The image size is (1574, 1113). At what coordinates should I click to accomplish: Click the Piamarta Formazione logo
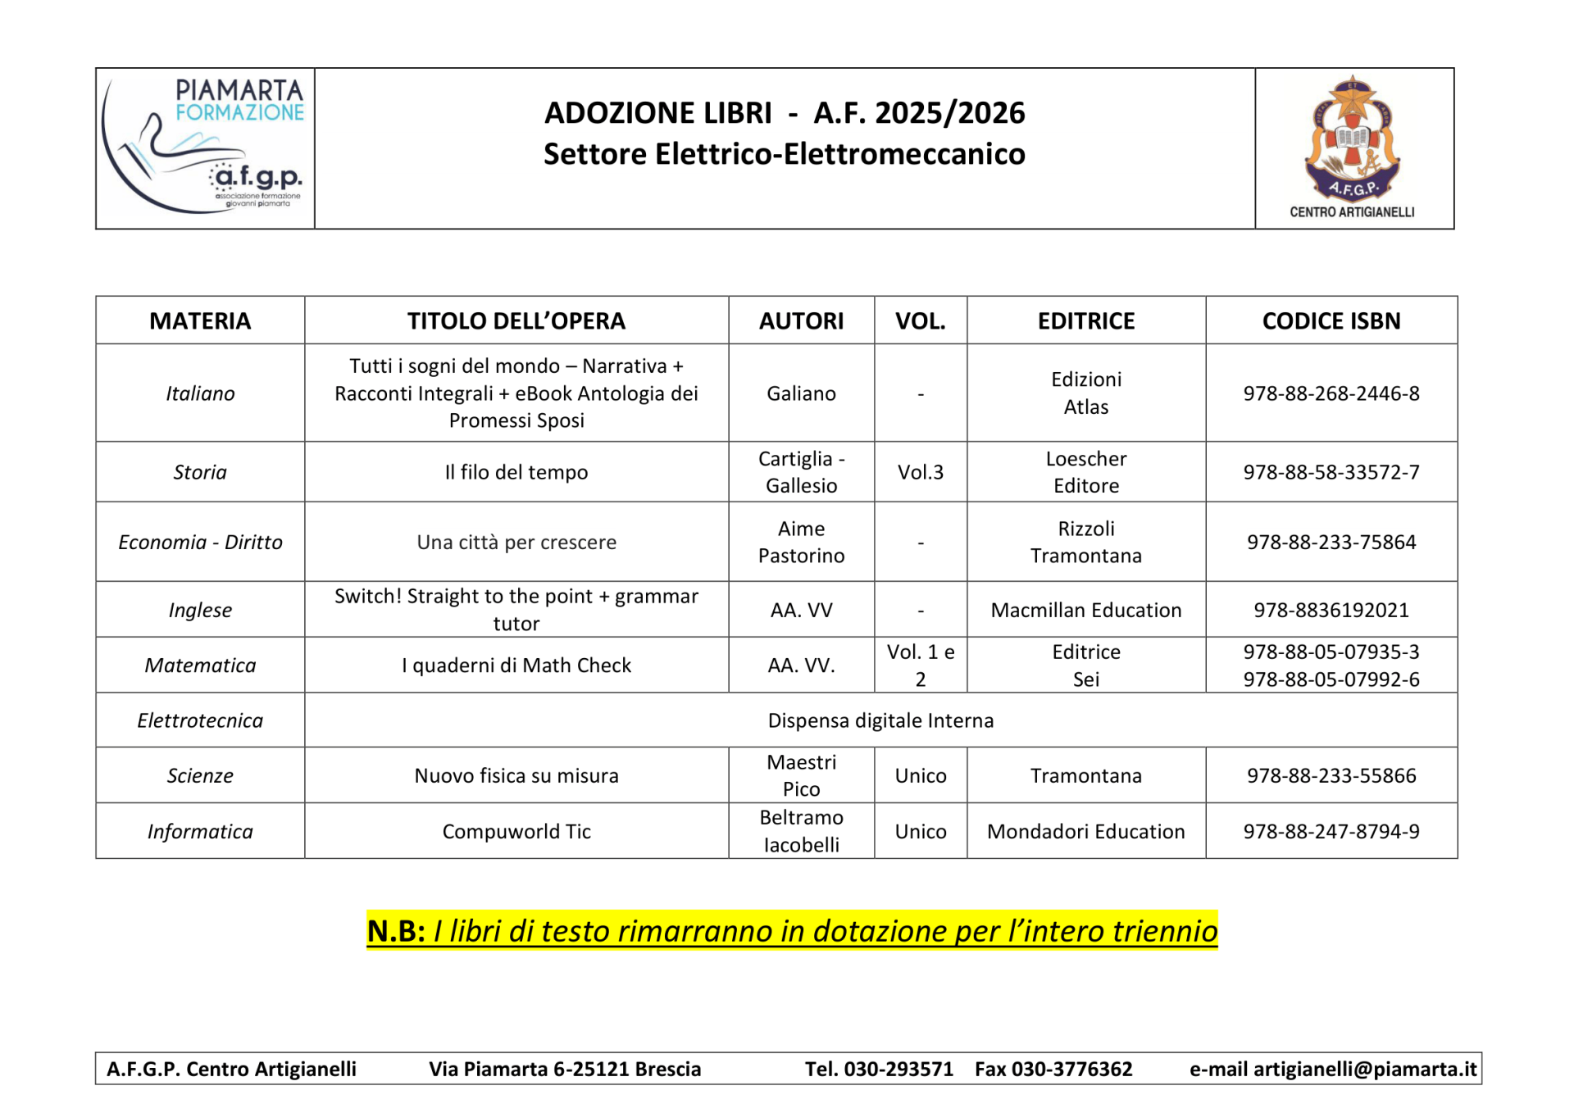(x=205, y=148)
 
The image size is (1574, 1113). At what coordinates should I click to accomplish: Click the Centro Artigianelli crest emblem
(x=1353, y=139)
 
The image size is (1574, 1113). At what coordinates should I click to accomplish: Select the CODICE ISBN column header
(x=1331, y=320)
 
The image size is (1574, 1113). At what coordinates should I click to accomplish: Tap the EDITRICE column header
(x=1085, y=320)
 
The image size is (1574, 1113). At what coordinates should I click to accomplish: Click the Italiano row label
(x=200, y=393)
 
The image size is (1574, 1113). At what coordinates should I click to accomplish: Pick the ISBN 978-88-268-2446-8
(x=1331, y=393)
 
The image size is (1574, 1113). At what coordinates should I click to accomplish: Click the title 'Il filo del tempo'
(x=516, y=472)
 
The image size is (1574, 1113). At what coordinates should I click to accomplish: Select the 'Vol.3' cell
(x=920, y=472)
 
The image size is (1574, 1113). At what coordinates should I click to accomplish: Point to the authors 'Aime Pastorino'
(x=801, y=542)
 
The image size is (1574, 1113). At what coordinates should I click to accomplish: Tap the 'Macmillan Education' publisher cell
(x=1085, y=610)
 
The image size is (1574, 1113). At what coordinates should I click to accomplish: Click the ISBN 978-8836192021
(x=1331, y=610)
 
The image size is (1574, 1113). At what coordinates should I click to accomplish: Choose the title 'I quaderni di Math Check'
(x=516, y=666)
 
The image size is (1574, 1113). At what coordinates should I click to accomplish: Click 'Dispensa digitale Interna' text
(x=880, y=720)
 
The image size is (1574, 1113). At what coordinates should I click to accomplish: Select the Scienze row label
(x=200, y=775)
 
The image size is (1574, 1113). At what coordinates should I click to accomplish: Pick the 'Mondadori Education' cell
(x=1085, y=831)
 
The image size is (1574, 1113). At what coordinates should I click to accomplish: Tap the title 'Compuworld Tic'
(x=516, y=831)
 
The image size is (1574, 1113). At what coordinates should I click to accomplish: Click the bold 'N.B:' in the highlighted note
(x=396, y=931)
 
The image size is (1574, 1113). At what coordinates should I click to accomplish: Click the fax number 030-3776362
(x=1071, y=1069)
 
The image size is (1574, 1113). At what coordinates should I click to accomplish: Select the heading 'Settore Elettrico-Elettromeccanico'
(x=784, y=154)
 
